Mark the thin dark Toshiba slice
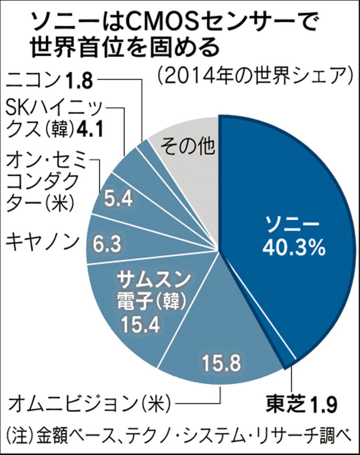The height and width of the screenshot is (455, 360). pyautogui.click(x=290, y=358)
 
